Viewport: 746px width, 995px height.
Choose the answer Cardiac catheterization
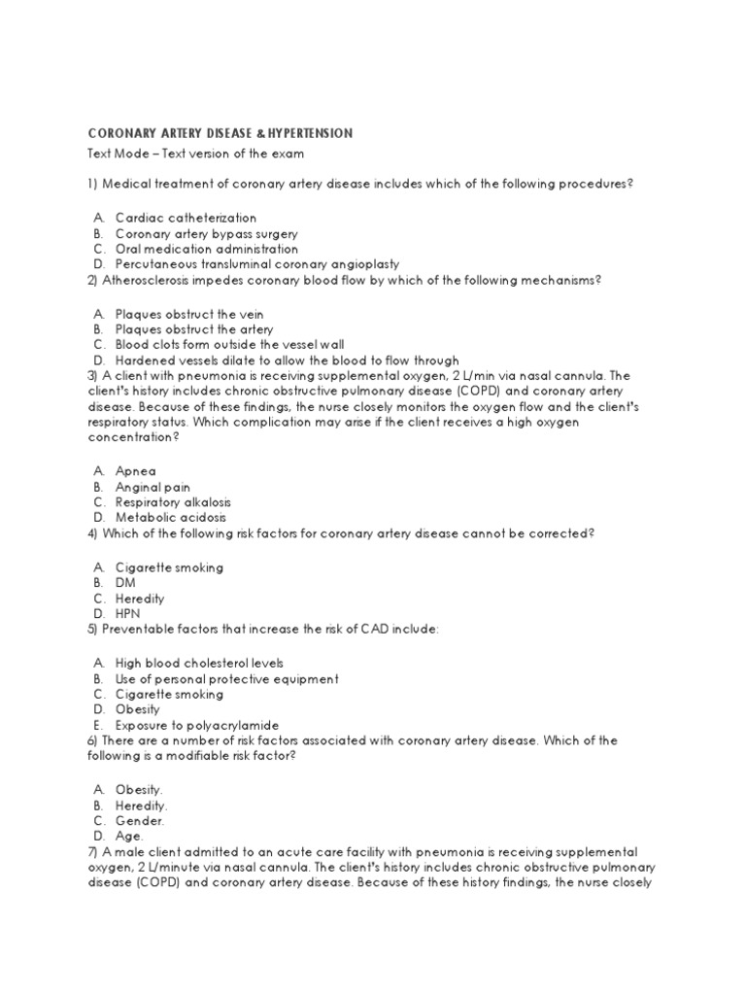point(186,218)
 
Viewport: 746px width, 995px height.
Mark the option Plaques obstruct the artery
point(193,329)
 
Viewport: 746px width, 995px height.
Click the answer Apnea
point(135,471)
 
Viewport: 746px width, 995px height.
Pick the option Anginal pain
point(153,487)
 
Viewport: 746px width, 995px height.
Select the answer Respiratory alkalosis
point(173,502)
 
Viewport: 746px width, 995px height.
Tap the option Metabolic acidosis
point(170,518)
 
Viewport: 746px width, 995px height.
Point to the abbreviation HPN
point(128,614)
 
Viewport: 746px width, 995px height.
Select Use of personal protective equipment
point(226,678)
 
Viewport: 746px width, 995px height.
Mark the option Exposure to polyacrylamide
point(197,725)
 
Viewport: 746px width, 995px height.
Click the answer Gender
point(141,820)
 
